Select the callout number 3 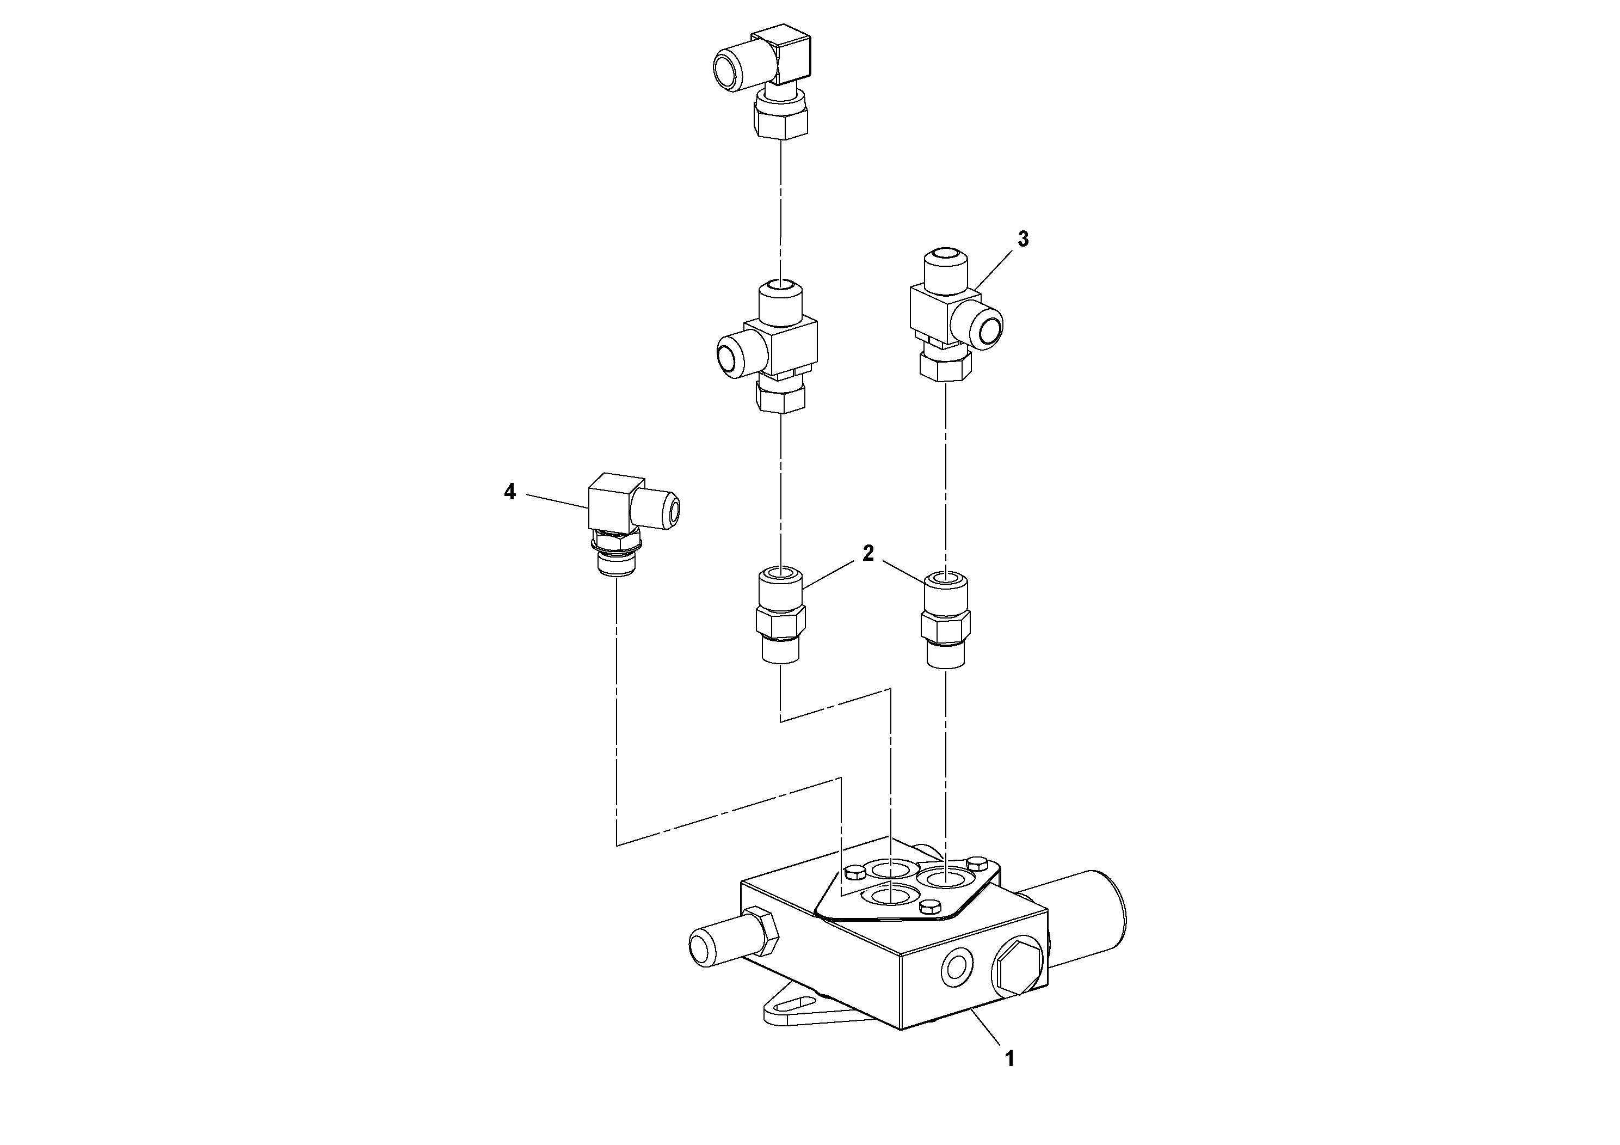1023,240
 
